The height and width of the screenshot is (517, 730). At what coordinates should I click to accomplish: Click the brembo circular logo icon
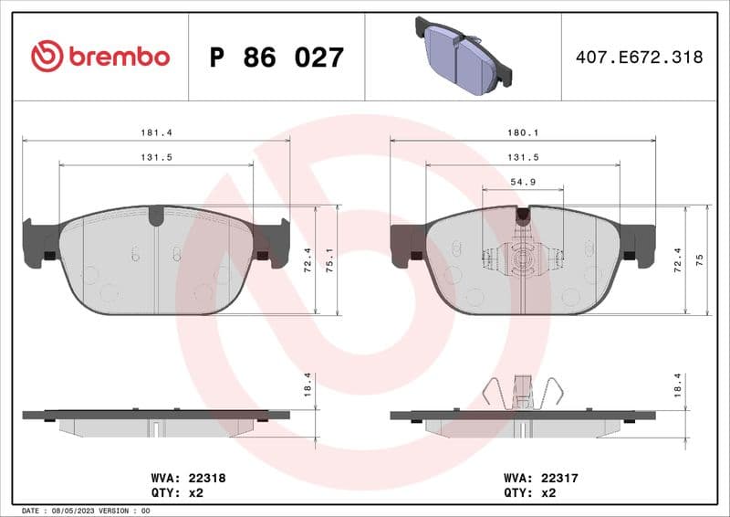click(47, 57)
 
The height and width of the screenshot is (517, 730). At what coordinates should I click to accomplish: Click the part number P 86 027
click(276, 58)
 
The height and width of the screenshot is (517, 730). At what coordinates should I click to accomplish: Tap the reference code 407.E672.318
click(639, 57)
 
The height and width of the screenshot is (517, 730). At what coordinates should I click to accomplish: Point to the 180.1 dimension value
click(523, 132)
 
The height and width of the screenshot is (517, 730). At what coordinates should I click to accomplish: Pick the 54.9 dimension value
click(523, 182)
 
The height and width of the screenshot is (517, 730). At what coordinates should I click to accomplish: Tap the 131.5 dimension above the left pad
click(156, 157)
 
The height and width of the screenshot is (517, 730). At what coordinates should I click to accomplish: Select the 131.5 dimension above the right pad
click(523, 157)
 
